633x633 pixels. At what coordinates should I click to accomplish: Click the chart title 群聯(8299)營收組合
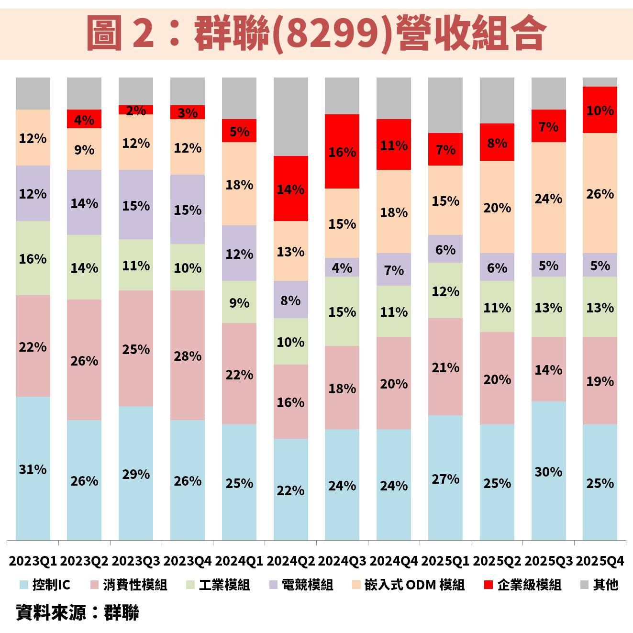point(316,33)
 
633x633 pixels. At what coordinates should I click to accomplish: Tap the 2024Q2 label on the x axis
point(290,561)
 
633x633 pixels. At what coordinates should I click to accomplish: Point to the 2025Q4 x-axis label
point(600,561)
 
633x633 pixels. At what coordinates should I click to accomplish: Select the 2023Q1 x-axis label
point(33,561)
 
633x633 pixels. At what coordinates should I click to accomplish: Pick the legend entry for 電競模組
point(301,585)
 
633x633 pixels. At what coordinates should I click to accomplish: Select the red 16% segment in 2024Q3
point(342,151)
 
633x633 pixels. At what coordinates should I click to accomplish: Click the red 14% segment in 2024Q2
point(290,189)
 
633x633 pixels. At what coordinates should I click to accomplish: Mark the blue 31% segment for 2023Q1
point(33,469)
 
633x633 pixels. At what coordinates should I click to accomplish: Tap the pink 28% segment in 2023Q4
point(187,355)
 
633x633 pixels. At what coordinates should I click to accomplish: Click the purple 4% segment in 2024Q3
point(342,267)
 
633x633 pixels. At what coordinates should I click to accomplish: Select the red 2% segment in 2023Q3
point(136,110)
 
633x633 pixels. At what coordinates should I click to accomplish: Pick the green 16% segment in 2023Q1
point(33,258)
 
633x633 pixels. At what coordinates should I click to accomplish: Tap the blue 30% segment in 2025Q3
point(548,471)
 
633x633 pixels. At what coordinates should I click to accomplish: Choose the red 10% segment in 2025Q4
point(600,110)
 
